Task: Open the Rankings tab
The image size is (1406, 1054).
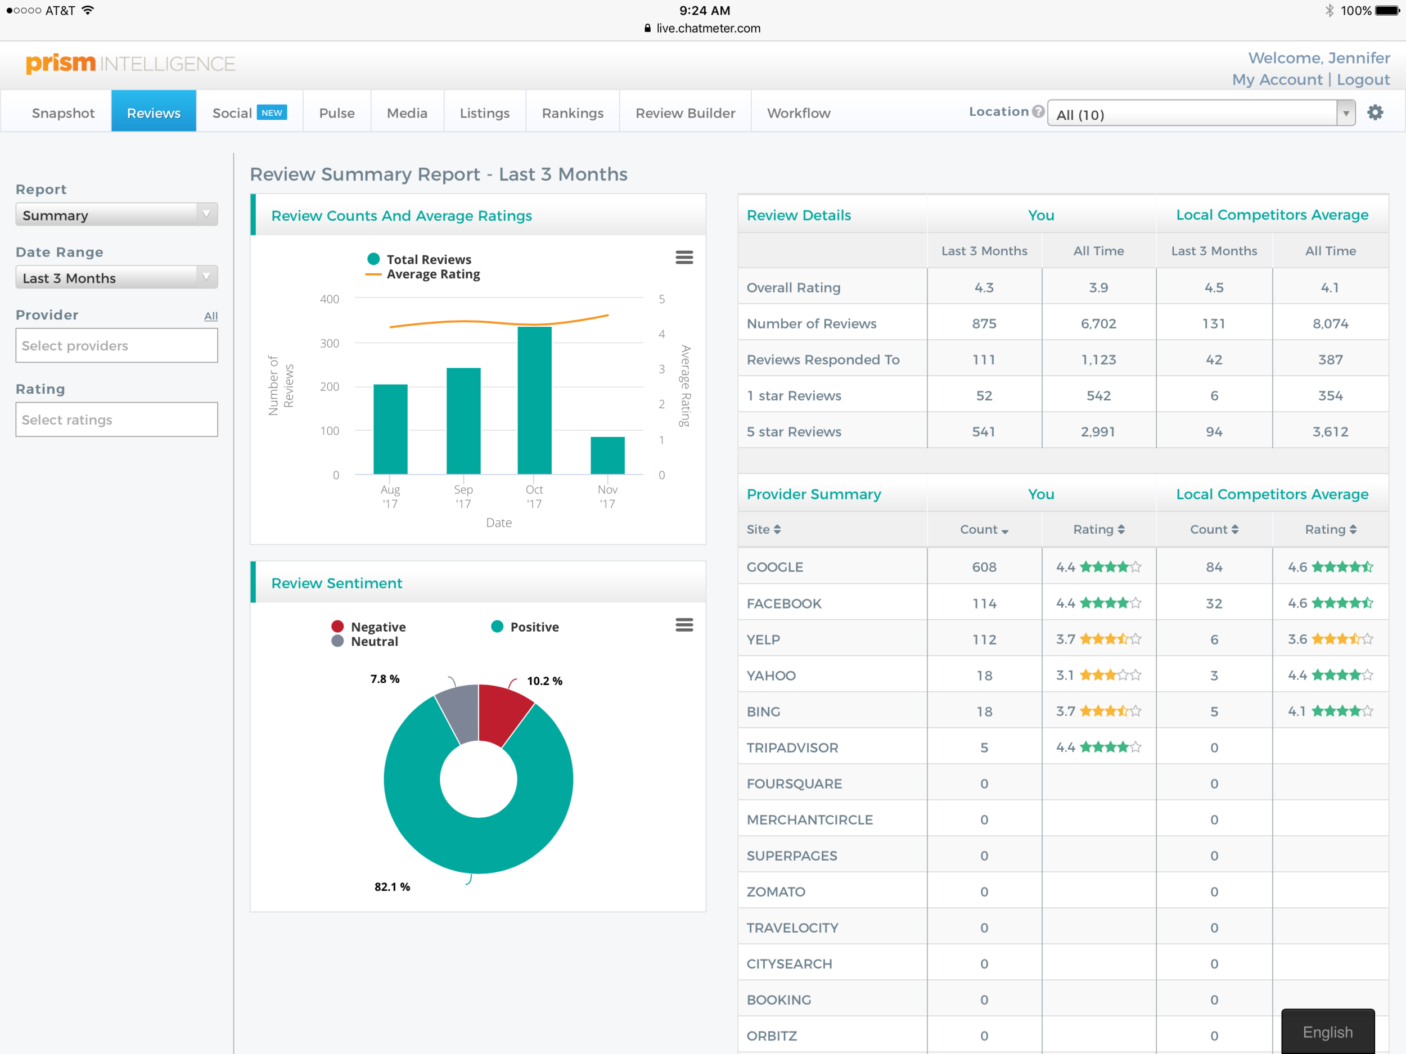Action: coord(572,112)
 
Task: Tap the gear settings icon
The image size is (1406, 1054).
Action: coord(1375,112)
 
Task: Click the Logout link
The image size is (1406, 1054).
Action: coord(1363,79)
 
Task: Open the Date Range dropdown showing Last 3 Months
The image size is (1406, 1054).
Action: coord(116,278)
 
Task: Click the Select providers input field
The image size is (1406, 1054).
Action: coord(116,345)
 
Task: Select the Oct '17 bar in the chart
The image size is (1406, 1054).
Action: coord(534,400)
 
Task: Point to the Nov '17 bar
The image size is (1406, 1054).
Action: coord(607,455)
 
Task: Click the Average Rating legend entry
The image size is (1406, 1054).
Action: coord(432,274)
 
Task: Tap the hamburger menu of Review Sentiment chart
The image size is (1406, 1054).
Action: coord(684,625)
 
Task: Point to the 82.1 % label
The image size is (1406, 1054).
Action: coord(391,886)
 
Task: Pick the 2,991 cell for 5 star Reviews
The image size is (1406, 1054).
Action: coord(1098,431)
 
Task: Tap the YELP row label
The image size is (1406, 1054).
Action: coord(763,639)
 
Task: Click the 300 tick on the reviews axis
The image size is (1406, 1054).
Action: coord(329,343)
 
